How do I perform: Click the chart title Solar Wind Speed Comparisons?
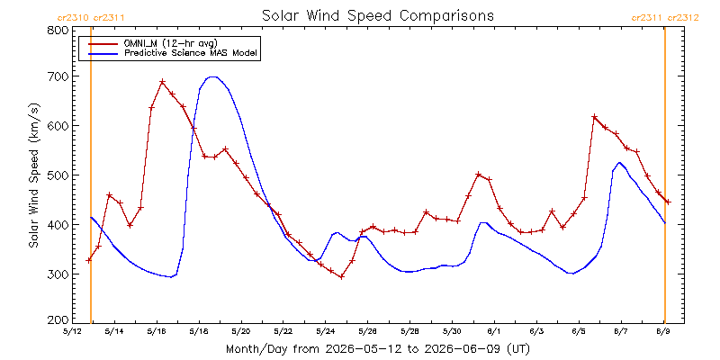[378, 15]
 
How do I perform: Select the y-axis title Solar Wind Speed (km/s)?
[33, 175]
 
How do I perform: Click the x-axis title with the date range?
[378, 349]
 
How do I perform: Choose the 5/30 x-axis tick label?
[453, 331]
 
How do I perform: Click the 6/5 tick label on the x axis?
[579, 331]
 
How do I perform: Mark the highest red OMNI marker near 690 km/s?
[162, 82]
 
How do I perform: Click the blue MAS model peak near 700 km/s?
[212, 76]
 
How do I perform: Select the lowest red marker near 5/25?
[342, 277]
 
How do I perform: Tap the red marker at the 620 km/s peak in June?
[594, 117]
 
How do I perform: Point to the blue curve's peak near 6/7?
[619, 163]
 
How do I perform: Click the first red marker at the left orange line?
[88, 260]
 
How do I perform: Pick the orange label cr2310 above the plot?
[74, 18]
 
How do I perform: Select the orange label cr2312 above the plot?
[683, 18]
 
